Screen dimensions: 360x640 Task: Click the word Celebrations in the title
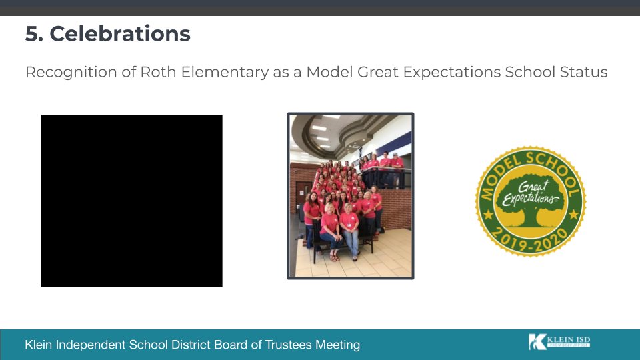click(x=120, y=34)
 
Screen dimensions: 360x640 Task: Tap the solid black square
click(x=132, y=201)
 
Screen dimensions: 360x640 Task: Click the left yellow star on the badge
click(x=487, y=215)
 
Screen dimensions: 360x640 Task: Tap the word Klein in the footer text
click(x=39, y=345)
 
